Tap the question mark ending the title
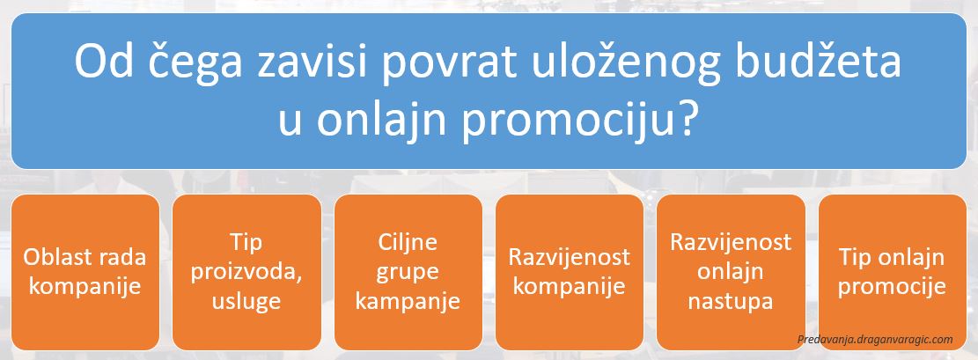click(x=685, y=116)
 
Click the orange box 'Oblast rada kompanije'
click(x=85, y=272)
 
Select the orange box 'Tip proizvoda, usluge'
click(x=246, y=272)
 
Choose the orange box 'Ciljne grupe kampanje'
click(x=408, y=272)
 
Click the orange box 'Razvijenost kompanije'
click(x=569, y=272)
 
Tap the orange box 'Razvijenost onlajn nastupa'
click(x=731, y=272)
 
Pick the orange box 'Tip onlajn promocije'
click(x=892, y=272)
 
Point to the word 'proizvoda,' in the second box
click(x=247, y=273)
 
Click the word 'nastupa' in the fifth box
click(x=731, y=302)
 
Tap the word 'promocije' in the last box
click(x=892, y=287)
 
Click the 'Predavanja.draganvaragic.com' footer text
click(x=875, y=340)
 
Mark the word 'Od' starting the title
click(x=100, y=61)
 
